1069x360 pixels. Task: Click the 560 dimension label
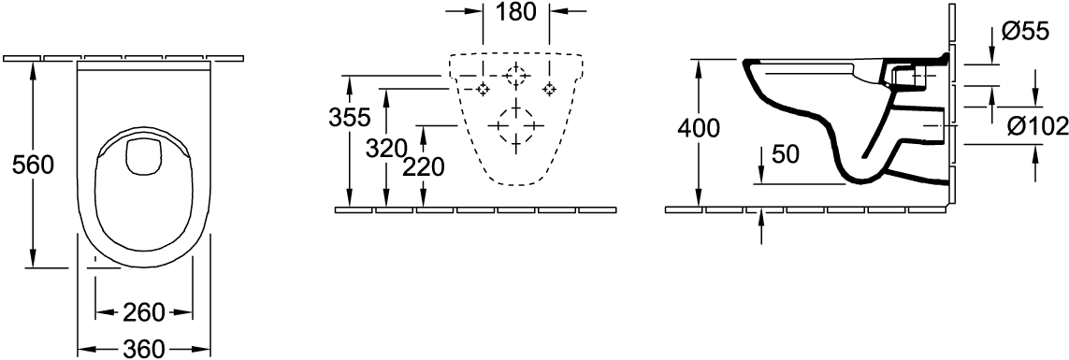(x=34, y=165)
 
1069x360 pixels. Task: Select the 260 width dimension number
(x=144, y=313)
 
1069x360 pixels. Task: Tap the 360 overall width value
(x=144, y=349)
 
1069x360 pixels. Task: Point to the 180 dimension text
(x=516, y=11)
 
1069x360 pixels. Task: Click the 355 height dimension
(x=349, y=118)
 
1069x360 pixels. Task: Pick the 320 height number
(x=386, y=148)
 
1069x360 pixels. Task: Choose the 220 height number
(x=423, y=167)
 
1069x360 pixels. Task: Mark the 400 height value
(x=700, y=128)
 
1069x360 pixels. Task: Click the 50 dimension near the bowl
(x=786, y=155)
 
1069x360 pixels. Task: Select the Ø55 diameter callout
(x=1025, y=32)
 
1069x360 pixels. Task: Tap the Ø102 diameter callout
(x=1037, y=126)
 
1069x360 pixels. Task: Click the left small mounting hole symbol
(x=484, y=89)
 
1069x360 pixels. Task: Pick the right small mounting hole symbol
(x=549, y=89)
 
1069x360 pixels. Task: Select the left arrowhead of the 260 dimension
(x=103, y=313)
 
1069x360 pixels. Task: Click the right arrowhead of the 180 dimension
(x=559, y=11)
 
